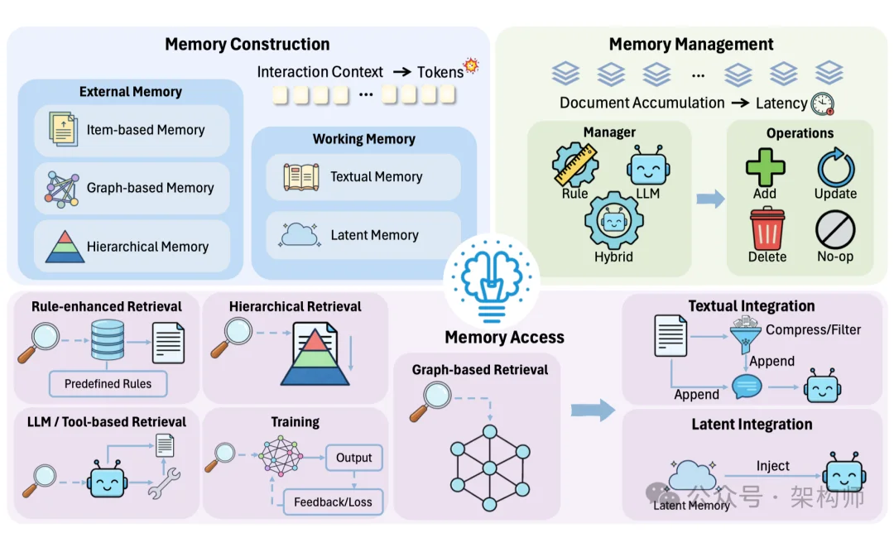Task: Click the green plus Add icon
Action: point(765,167)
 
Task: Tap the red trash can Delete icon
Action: point(767,228)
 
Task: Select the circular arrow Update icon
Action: point(835,167)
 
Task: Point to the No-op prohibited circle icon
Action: point(835,229)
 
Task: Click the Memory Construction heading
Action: point(247,45)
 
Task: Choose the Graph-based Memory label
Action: point(150,188)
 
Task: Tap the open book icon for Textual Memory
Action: point(301,176)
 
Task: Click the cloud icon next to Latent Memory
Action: point(300,235)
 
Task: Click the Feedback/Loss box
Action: point(333,502)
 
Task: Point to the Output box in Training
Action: point(353,458)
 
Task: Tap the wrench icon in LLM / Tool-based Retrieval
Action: point(163,483)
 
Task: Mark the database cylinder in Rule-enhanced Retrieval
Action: point(108,340)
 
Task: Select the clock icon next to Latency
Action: point(823,103)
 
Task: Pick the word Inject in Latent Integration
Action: point(772,466)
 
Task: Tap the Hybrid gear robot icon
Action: point(613,220)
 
